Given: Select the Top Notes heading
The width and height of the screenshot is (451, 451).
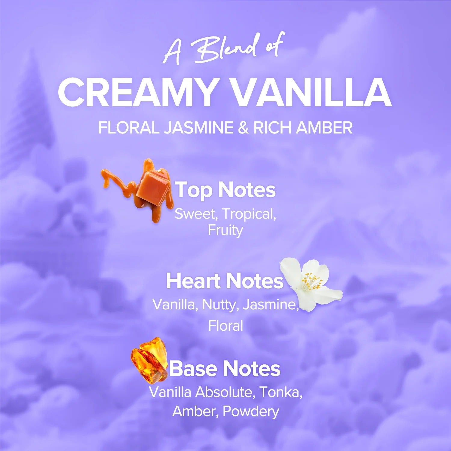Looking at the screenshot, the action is tap(225, 190).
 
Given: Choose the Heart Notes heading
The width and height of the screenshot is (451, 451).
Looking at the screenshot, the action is tap(225, 281).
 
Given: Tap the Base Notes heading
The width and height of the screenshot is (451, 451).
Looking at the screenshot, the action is tap(225, 369).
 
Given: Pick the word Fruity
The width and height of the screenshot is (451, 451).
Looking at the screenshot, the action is tap(225, 231).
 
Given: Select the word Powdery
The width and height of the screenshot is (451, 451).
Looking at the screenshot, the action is tap(251, 412).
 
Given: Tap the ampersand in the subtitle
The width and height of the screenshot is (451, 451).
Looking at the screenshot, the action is tap(243, 128).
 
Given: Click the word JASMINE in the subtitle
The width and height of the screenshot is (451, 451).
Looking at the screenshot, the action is tap(199, 128).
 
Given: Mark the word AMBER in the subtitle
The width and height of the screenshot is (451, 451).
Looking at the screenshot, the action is tap(324, 128).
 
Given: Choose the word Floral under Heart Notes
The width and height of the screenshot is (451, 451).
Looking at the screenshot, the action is tap(226, 326).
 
